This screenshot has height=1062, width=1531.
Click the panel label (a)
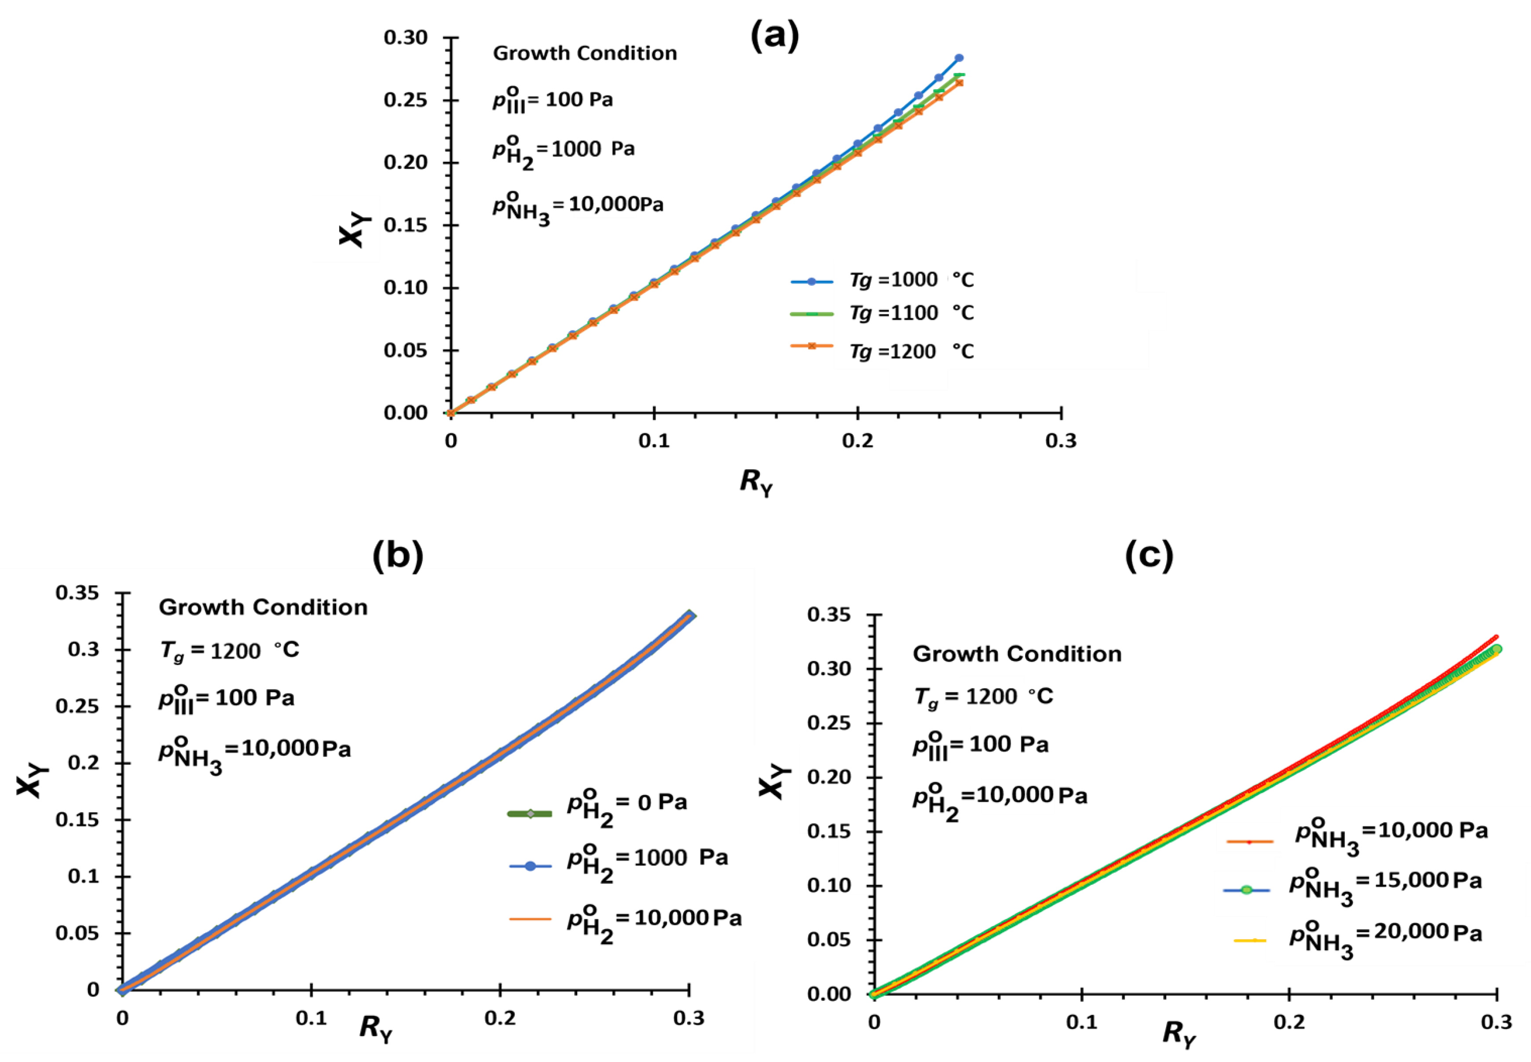(x=774, y=36)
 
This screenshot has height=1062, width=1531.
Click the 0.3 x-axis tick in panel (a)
(x=1060, y=441)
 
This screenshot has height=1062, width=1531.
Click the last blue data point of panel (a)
(x=959, y=58)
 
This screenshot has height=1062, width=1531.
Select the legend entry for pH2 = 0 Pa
(x=626, y=807)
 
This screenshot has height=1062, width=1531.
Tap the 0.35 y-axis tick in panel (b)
(x=77, y=592)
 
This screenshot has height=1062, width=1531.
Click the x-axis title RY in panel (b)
(x=376, y=1029)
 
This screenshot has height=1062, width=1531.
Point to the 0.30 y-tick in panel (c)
(x=829, y=669)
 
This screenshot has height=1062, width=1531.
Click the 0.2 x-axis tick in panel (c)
(x=1289, y=1022)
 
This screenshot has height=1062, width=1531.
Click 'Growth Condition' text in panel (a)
(x=584, y=53)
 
